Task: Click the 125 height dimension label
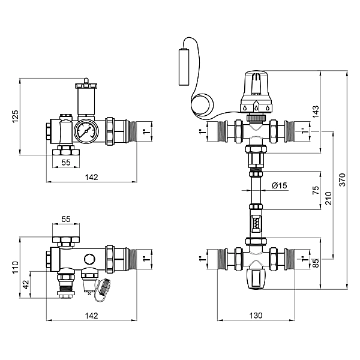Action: [x=15, y=116]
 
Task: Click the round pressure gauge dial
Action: [x=86, y=131]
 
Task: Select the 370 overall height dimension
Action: [x=342, y=180]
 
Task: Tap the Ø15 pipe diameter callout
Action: [x=280, y=185]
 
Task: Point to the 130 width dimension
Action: [x=256, y=316]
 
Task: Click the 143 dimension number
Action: [x=316, y=112]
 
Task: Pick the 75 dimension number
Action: [x=316, y=190]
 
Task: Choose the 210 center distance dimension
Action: [x=329, y=199]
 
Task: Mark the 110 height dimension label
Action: [x=15, y=267]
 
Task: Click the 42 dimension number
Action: [x=26, y=284]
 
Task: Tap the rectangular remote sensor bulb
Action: [x=184, y=67]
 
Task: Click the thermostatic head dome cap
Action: [x=256, y=83]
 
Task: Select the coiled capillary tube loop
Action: [x=203, y=105]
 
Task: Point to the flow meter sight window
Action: [x=256, y=223]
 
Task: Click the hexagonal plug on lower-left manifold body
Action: [x=89, y=259]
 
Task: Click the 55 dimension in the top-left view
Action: [x=66, y=163]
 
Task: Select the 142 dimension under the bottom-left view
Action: [x=91, y=316]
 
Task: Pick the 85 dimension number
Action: [x=316, y=263]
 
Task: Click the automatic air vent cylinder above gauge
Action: [x=86, y=101]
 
